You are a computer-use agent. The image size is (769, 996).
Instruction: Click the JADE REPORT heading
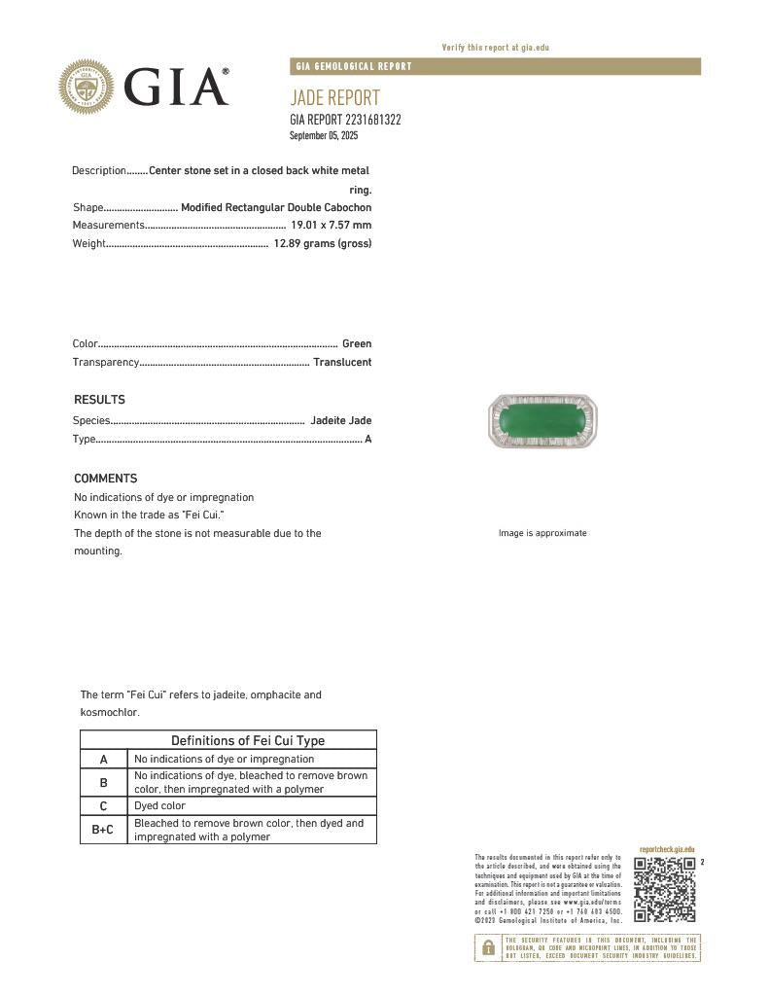click(334, 97)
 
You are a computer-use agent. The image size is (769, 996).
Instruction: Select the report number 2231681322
click(373, 120)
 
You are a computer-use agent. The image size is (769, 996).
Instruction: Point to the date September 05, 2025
click(324, 135)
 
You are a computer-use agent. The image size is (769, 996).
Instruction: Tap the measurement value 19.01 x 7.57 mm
click(331, 226)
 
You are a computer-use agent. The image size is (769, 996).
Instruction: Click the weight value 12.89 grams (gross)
click(322, 243)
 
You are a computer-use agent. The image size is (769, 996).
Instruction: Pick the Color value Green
click(356, 343)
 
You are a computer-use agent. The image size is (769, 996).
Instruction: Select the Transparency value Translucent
click(341, 362)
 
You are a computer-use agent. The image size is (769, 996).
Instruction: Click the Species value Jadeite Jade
click(340, 420)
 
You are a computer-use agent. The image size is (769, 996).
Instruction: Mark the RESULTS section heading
click(99, 400)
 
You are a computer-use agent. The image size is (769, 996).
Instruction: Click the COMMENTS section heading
click(105, 479)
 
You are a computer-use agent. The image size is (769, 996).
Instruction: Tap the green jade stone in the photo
click(542, 422)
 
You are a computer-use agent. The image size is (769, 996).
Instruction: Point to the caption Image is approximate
click(542, 533)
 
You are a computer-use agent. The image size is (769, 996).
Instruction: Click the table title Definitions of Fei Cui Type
click(248, 740)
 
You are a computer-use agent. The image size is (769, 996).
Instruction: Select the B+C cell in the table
click(103, 830)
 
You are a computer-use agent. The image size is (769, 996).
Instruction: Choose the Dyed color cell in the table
click(159, 805)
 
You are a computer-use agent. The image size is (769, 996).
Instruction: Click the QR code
click(665, 890)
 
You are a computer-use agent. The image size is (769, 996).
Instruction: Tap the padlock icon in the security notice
click(488, 948)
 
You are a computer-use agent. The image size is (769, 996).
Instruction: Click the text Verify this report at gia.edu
click(496, 48)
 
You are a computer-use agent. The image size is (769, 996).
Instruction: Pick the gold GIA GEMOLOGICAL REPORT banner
click(495, 66)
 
